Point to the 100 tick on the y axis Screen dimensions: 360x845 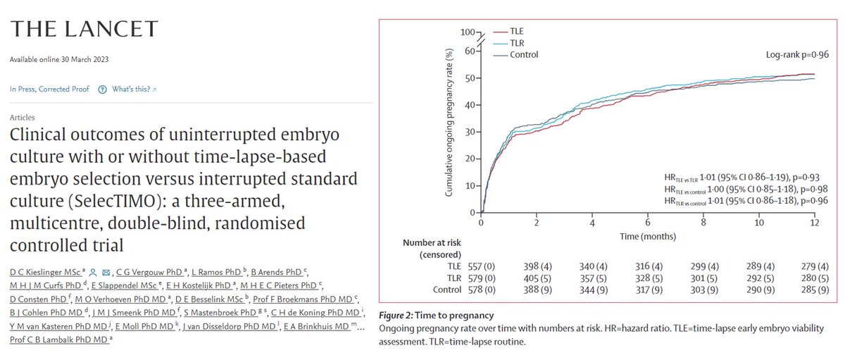467,32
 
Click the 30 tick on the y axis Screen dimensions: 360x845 469,132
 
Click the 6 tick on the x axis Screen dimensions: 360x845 649,223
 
